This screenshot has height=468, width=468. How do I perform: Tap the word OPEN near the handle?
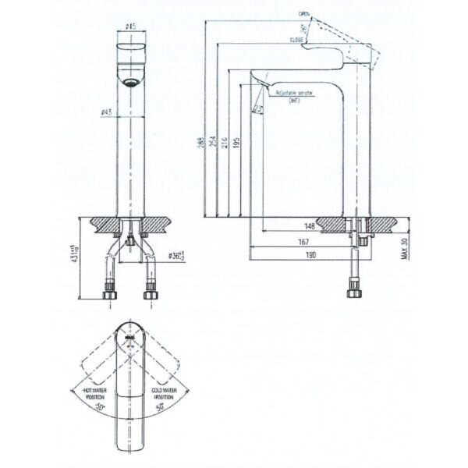[304, 14]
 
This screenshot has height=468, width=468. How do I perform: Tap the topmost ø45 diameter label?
[131, 26]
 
